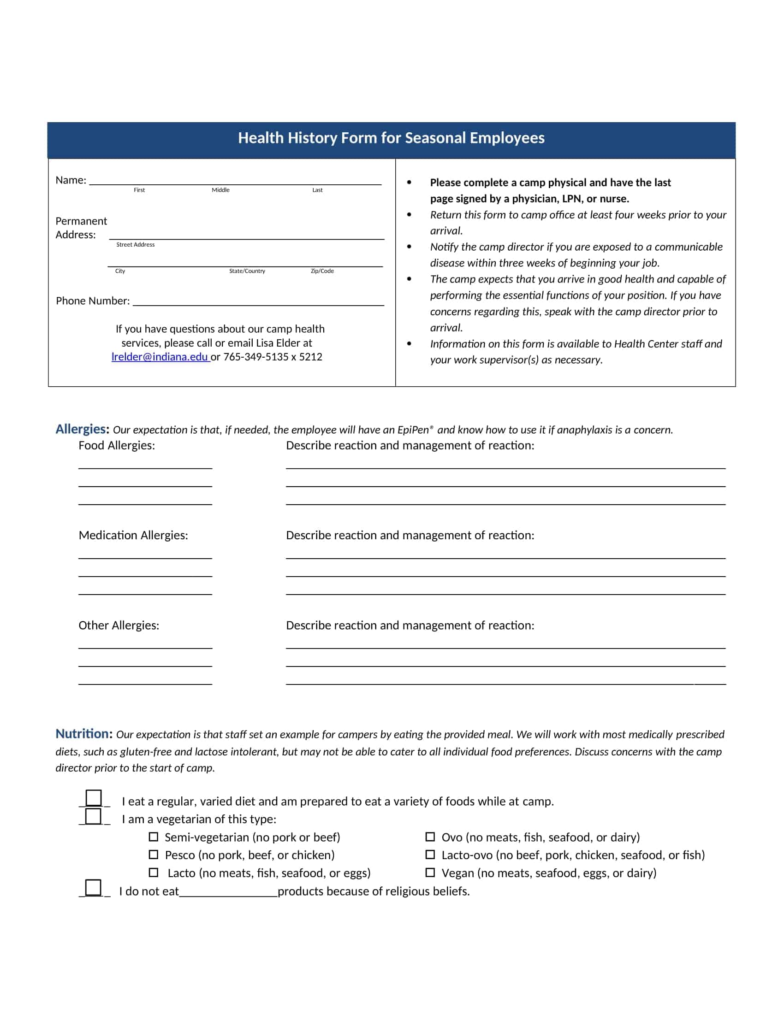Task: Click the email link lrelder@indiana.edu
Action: click(x=160, y=357)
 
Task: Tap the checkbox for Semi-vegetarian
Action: click(x=153, y=837)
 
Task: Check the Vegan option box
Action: click(x=430, y=873)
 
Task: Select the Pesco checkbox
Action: click(x=153, y=855)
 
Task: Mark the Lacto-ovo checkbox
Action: click(x=430, y=855)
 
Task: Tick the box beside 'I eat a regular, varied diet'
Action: click(x=94, y=798)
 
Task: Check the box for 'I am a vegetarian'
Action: click(x=94, y=816)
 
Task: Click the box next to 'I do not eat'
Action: click(x=94, y=888)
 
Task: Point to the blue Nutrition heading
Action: click(x=84, y=734)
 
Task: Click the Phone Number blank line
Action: click(x=258, y=302)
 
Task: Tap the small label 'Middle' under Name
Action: click(x=220, y=190)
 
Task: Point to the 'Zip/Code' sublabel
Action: click(x=322, y=271)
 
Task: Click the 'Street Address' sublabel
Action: click(x=135, y=245)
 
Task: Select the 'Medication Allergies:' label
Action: click(x=133, y=535)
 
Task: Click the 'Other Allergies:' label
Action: click(x=119, y=625)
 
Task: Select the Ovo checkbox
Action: click(x=430, y=837)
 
